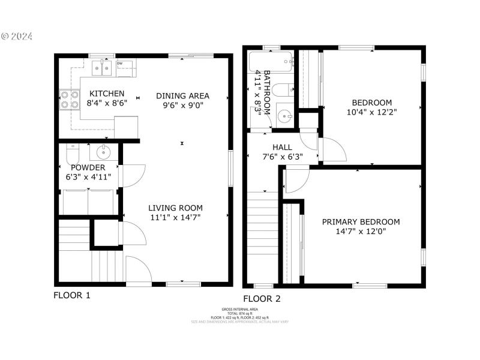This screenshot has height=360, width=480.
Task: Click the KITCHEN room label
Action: click(x=107, y=94)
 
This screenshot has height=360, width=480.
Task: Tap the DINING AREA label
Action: click(x=182, y=95)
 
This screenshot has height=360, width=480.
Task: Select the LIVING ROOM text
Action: click(x=175, y=208)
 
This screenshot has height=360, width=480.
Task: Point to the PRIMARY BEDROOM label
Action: click(x=361, y=221)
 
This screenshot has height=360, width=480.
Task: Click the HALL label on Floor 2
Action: click(x=282, y=147)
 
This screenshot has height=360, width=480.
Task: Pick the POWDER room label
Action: click(x=88, y=167)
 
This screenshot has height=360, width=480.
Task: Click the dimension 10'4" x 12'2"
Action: click(x=371, y=112)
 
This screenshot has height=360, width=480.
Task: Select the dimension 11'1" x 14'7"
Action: click(x=175, y=218)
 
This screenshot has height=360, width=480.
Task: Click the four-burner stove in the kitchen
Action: click(x=70, y=99)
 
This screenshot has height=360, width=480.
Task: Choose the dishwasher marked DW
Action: click(x=125, y=69)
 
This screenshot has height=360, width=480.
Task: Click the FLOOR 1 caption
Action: click(x=72, y=295)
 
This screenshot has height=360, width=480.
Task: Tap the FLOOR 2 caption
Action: click(x=261, y=299)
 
